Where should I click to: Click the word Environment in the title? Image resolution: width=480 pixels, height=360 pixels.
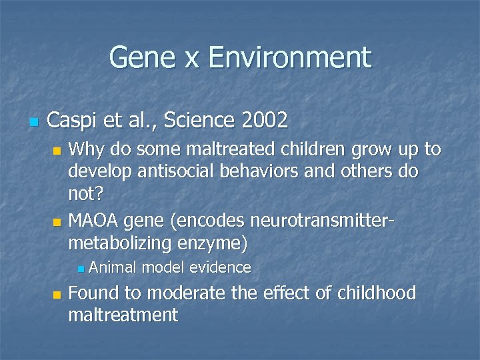click(289, 57)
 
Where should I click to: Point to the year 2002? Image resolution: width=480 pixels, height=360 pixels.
click(265, 121)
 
